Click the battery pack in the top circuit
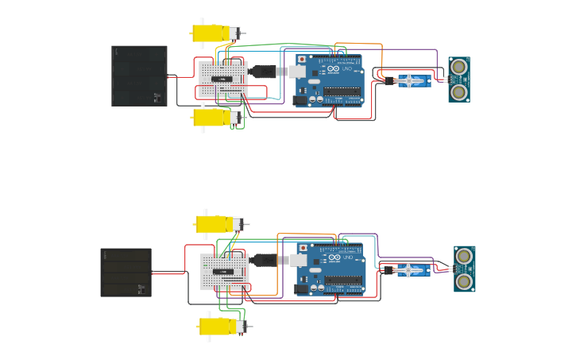pyautogui.click(x=139, y=75)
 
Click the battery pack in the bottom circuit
pyautogui.click(x=126, y=273)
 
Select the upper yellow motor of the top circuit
pyautogui.click(x=213, y=33)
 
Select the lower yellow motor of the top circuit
pyautogui.click(x=213, y=118)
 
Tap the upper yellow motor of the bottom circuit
pyautogui.click(x=216, y=224)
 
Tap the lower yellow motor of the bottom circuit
pyautogui.click(x=220, y=326)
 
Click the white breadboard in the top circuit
pyautogui.click(x=222, y=79)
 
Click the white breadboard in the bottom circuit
pyautogui.click(x=225, y=273)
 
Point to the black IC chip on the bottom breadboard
pyautogui.click(x=224, y=272)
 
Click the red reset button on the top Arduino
pyautogui.click(x=302, y=60)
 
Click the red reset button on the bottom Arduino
pyautogui.click(x=303, y=250)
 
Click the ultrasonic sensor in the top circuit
pyautogui.click(x=458, y=79)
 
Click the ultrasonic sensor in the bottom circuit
pyautogui.click(x=464, y=269)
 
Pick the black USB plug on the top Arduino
pyautogui.click(x=262, y=72)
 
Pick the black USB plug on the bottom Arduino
pyautogui.click(x=263, y=260)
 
